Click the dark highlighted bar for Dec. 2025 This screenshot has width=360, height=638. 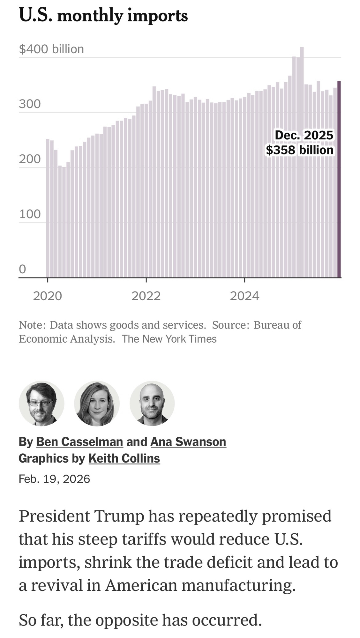339,179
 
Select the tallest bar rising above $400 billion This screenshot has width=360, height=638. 302,159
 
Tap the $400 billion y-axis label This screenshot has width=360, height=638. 51,49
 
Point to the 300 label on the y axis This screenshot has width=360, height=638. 30,104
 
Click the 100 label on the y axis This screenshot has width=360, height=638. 30,214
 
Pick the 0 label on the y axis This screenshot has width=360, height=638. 22,269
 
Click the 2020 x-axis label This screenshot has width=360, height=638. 48,296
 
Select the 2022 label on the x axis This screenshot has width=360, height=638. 146,296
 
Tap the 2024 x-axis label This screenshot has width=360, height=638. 244,296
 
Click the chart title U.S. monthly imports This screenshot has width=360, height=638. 103,15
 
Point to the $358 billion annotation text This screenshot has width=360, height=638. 299,150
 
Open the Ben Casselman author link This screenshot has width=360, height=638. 79,442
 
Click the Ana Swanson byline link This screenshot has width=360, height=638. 188,442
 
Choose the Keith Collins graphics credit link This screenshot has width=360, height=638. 124,458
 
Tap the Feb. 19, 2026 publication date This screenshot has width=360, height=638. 54,479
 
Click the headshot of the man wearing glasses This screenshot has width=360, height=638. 41,403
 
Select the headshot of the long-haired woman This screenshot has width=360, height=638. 97,403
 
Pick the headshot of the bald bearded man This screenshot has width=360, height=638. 152,403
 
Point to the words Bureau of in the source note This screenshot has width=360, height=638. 277,325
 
